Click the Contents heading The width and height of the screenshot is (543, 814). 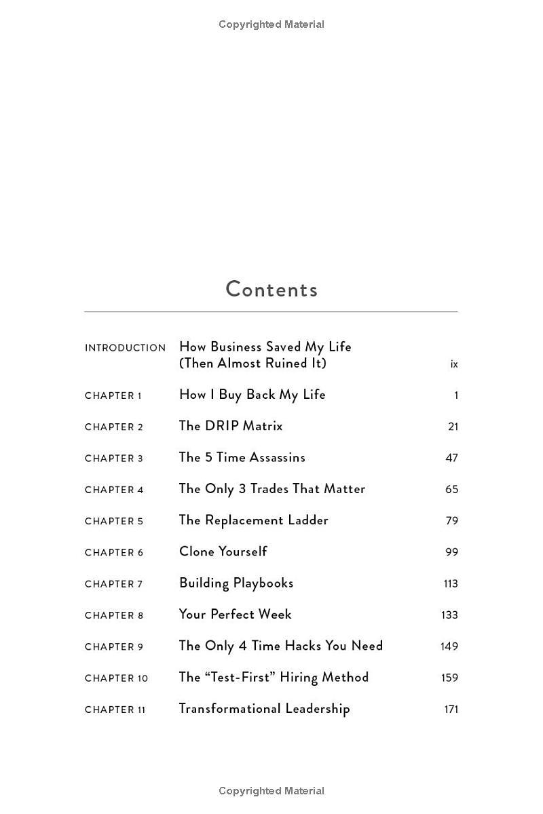[x=271, y=290]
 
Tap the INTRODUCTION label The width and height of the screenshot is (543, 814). [x=125, y=348]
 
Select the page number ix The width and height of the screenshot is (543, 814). [x=454, y=364]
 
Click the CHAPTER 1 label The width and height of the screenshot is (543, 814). [x=113, y=395]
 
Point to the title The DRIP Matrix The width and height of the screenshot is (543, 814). [x=231, y=426]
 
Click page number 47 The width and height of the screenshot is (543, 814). [x=451, y=458]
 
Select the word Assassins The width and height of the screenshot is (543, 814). [x=276, y=457]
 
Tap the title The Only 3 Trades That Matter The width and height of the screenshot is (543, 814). [x=272, y=489]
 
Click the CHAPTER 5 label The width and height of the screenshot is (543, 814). [x=114, y=521]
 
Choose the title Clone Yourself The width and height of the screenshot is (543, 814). [x=223, y=551]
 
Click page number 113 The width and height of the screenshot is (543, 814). [x=449, y=583]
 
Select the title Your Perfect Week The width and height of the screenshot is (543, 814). [x=235, y=615]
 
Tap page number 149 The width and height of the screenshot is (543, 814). [x=449, y=646]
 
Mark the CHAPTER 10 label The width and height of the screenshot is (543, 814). [x=116, y=678]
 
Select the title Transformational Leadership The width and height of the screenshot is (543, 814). [x=264, y=709]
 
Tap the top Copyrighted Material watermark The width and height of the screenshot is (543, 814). [x=271, y=24]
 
